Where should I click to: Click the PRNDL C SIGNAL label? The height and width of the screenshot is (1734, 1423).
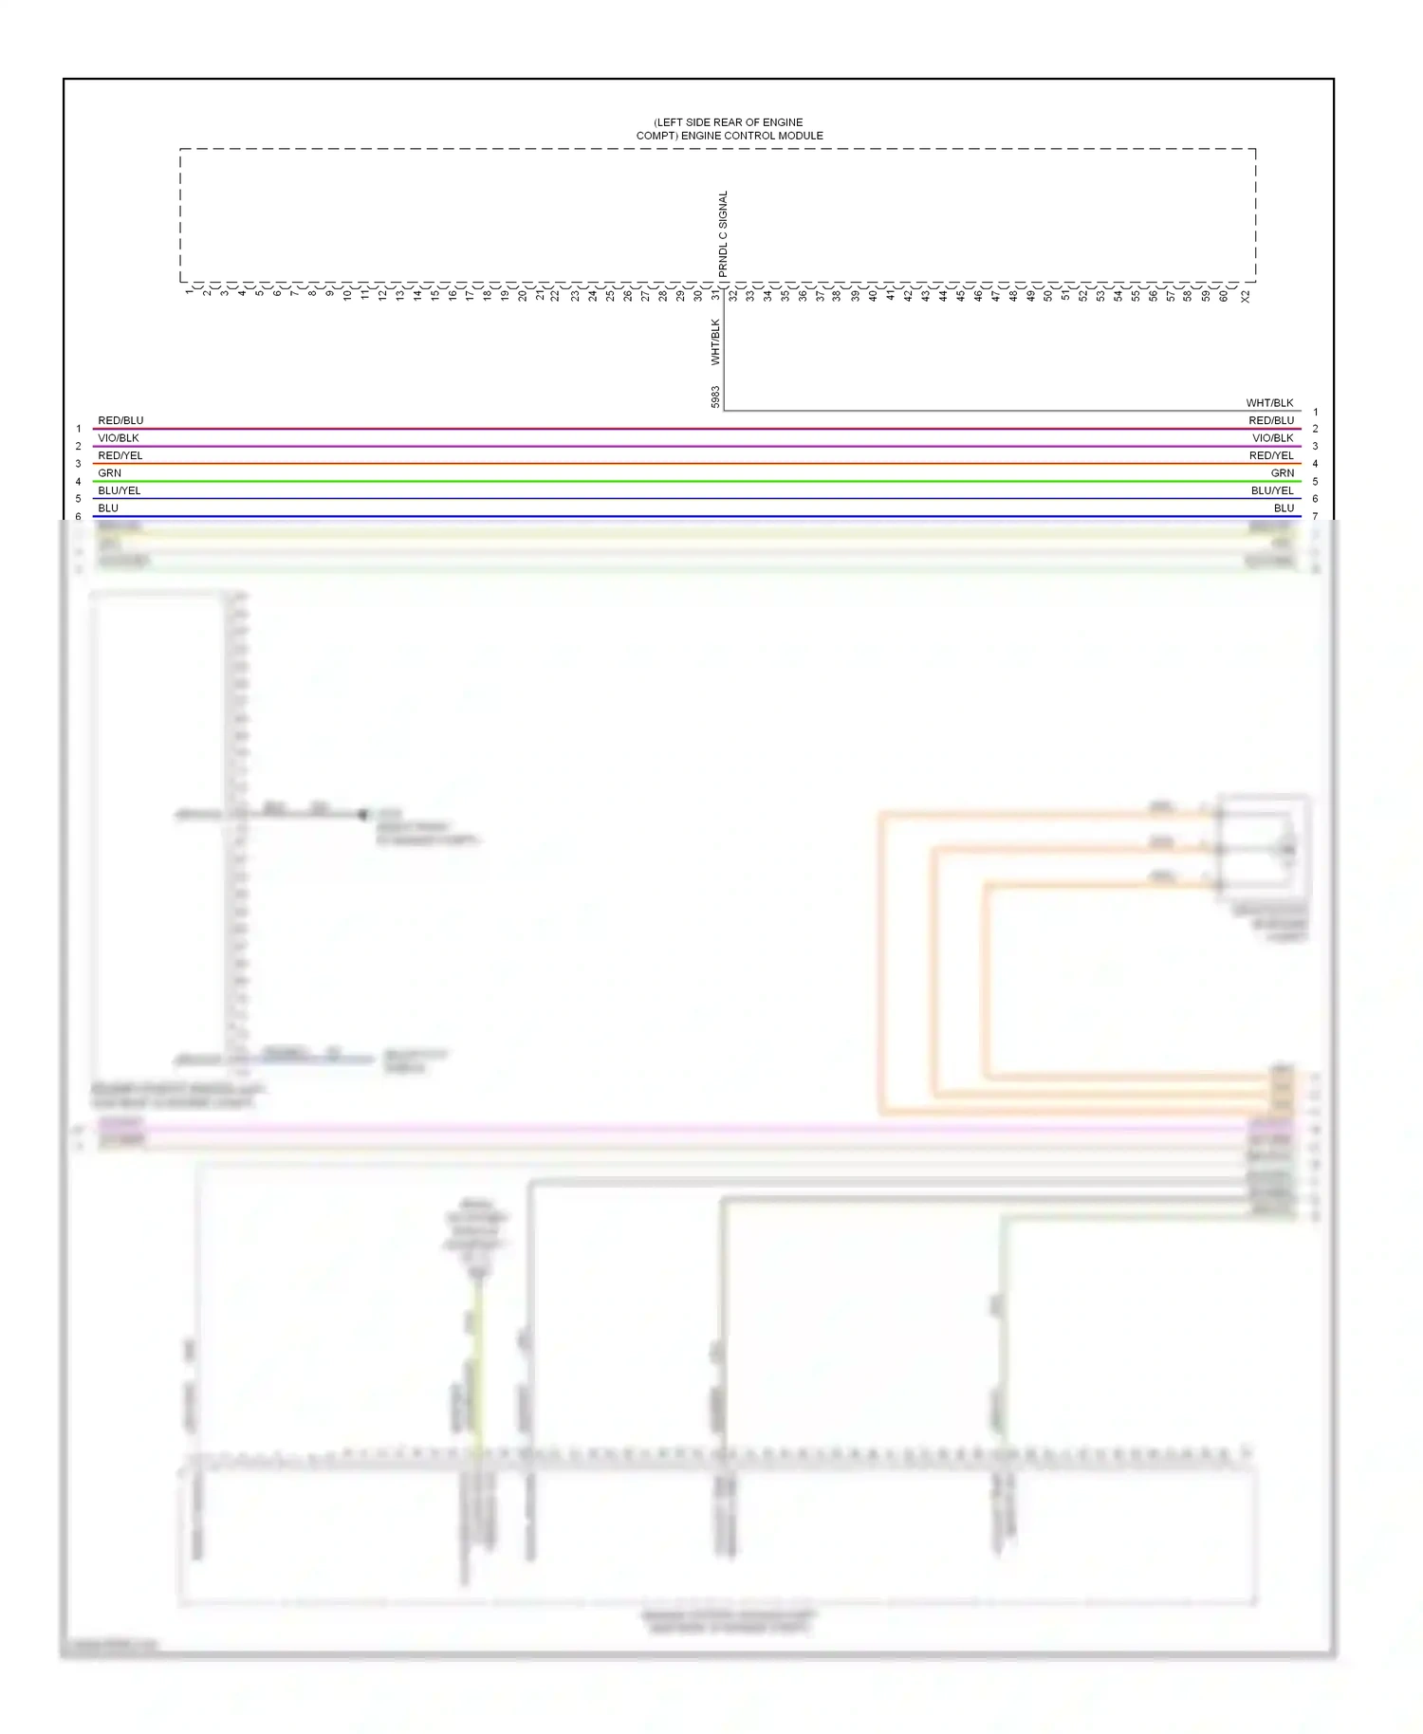[x=723, y=234]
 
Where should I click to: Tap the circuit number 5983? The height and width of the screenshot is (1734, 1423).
[x=715, y=397]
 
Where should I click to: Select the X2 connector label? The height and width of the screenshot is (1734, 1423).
[x=1245, y=296]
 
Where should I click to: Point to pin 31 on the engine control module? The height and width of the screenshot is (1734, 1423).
[x=716, y=295]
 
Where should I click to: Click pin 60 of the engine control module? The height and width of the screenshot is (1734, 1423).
[x=1223, y=296]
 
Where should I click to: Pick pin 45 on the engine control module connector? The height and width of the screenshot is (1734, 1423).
[x=960, y=296]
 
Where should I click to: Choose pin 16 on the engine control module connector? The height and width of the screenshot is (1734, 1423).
[x=453, y=295]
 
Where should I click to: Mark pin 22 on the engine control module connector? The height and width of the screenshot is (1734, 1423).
[x=557, y=296]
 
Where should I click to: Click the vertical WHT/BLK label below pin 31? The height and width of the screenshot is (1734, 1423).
[x=715, y=342]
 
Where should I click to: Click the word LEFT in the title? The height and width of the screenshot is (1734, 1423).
[x=671, y=122]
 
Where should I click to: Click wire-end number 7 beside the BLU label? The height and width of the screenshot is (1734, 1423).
[x=1315, y=516]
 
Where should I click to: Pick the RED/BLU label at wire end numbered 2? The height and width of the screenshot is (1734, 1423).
[x=1270, y=420]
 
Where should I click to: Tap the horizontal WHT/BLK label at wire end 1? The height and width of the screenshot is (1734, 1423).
[x=1269, y=403]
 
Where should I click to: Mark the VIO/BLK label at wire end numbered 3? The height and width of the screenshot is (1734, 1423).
[x=1272, y=438]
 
